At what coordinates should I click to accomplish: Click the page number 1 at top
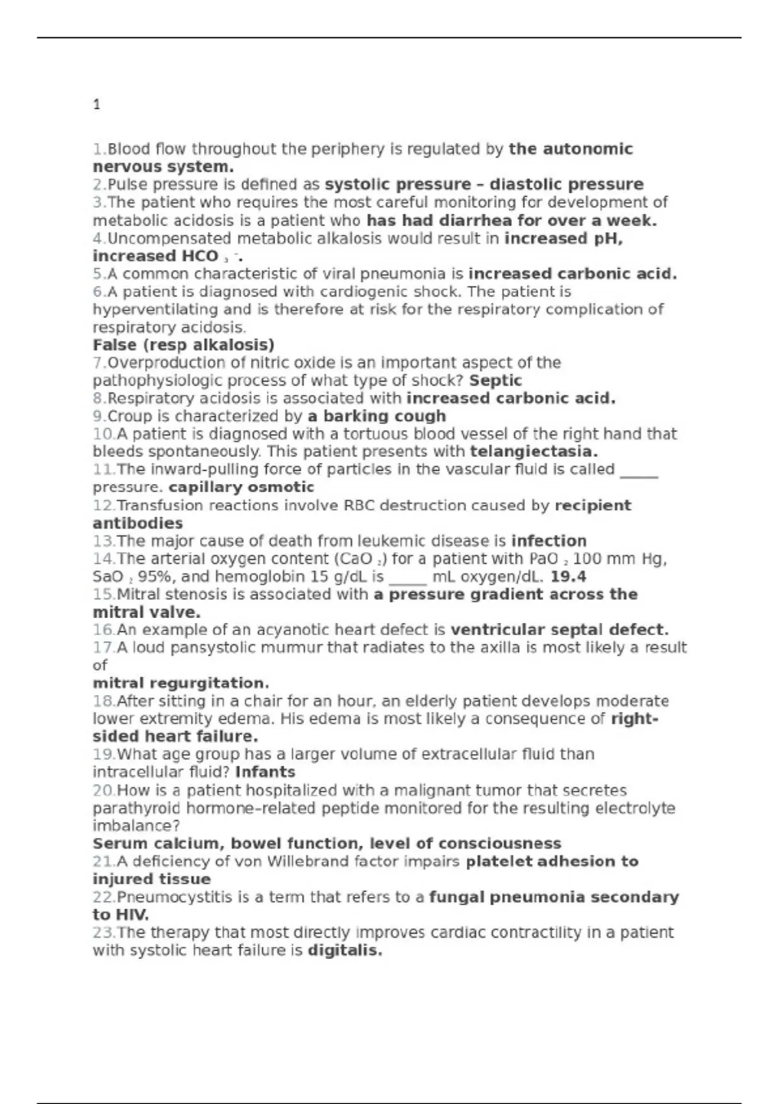point(97,105)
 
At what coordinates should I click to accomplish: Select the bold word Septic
point(495,381)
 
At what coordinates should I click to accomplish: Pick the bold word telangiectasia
point(534,452)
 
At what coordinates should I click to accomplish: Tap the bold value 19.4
point(568,577)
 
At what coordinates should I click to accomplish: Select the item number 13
point(103,541)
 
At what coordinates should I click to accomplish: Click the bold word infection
point(549,541)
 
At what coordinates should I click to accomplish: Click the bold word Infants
point(265,772)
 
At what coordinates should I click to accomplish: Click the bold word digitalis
point(345,951)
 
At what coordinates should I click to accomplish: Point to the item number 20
point(103,791)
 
